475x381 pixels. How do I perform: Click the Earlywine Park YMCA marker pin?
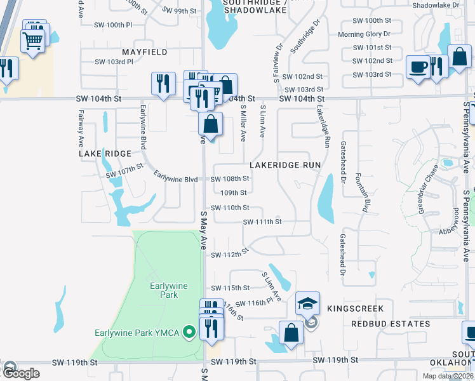click(188, 332)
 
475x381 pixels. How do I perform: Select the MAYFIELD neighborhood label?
click(145, 51)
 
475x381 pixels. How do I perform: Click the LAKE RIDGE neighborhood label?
click(105, 154)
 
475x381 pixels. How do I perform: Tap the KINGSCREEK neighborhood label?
click(356, 309)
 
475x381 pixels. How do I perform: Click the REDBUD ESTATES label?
click(391, 324)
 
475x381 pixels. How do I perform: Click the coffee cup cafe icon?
click(418, 67)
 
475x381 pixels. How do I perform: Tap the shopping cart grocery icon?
click(33, 41)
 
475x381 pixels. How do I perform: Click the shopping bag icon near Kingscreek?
click(291, 333)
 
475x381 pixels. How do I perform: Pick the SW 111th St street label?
click(262, 222)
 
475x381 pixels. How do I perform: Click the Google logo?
click(21, 373)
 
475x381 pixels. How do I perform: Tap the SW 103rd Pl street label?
click(114, 62)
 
